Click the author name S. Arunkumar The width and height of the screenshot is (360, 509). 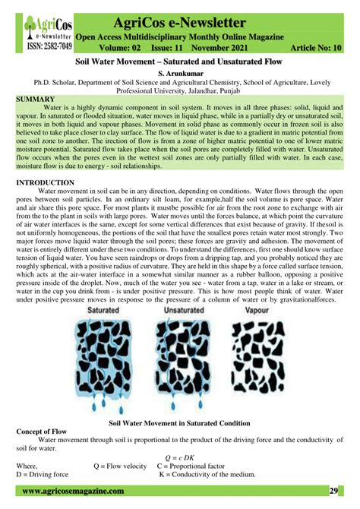point(180,73)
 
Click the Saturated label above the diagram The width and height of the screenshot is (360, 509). point(108,311)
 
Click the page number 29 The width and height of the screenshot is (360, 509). point(333,492)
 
